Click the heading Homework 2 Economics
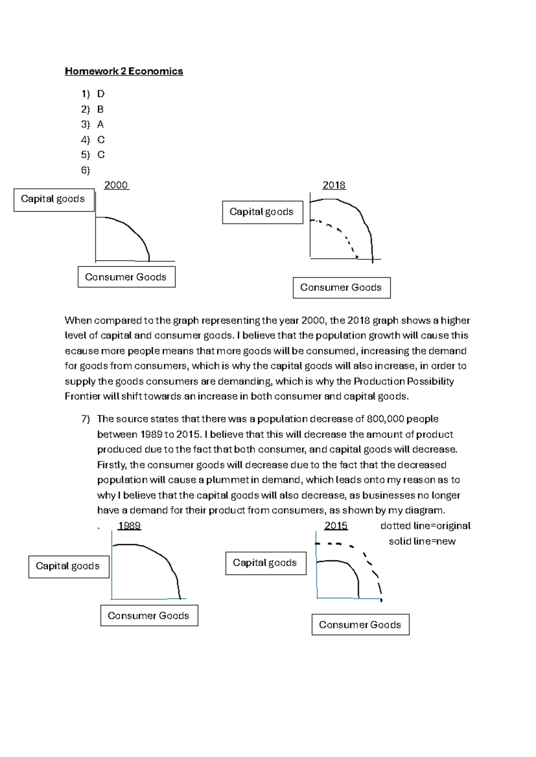[124, 71]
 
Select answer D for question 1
[100, 94]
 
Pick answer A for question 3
[100, 125]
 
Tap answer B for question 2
[100, 109]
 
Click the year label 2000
[116, 185]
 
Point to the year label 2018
[334, 185]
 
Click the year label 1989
[129, 526]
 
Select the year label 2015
[336, 526]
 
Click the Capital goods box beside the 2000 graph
[54, 199]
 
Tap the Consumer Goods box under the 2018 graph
[341, 287]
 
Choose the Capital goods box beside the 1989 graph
[68, 566]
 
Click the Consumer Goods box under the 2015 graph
[360, 625]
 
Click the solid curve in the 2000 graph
[130, 227]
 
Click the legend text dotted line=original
[425, 526]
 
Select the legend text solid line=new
[422, 541]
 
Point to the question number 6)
[85, 170]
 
